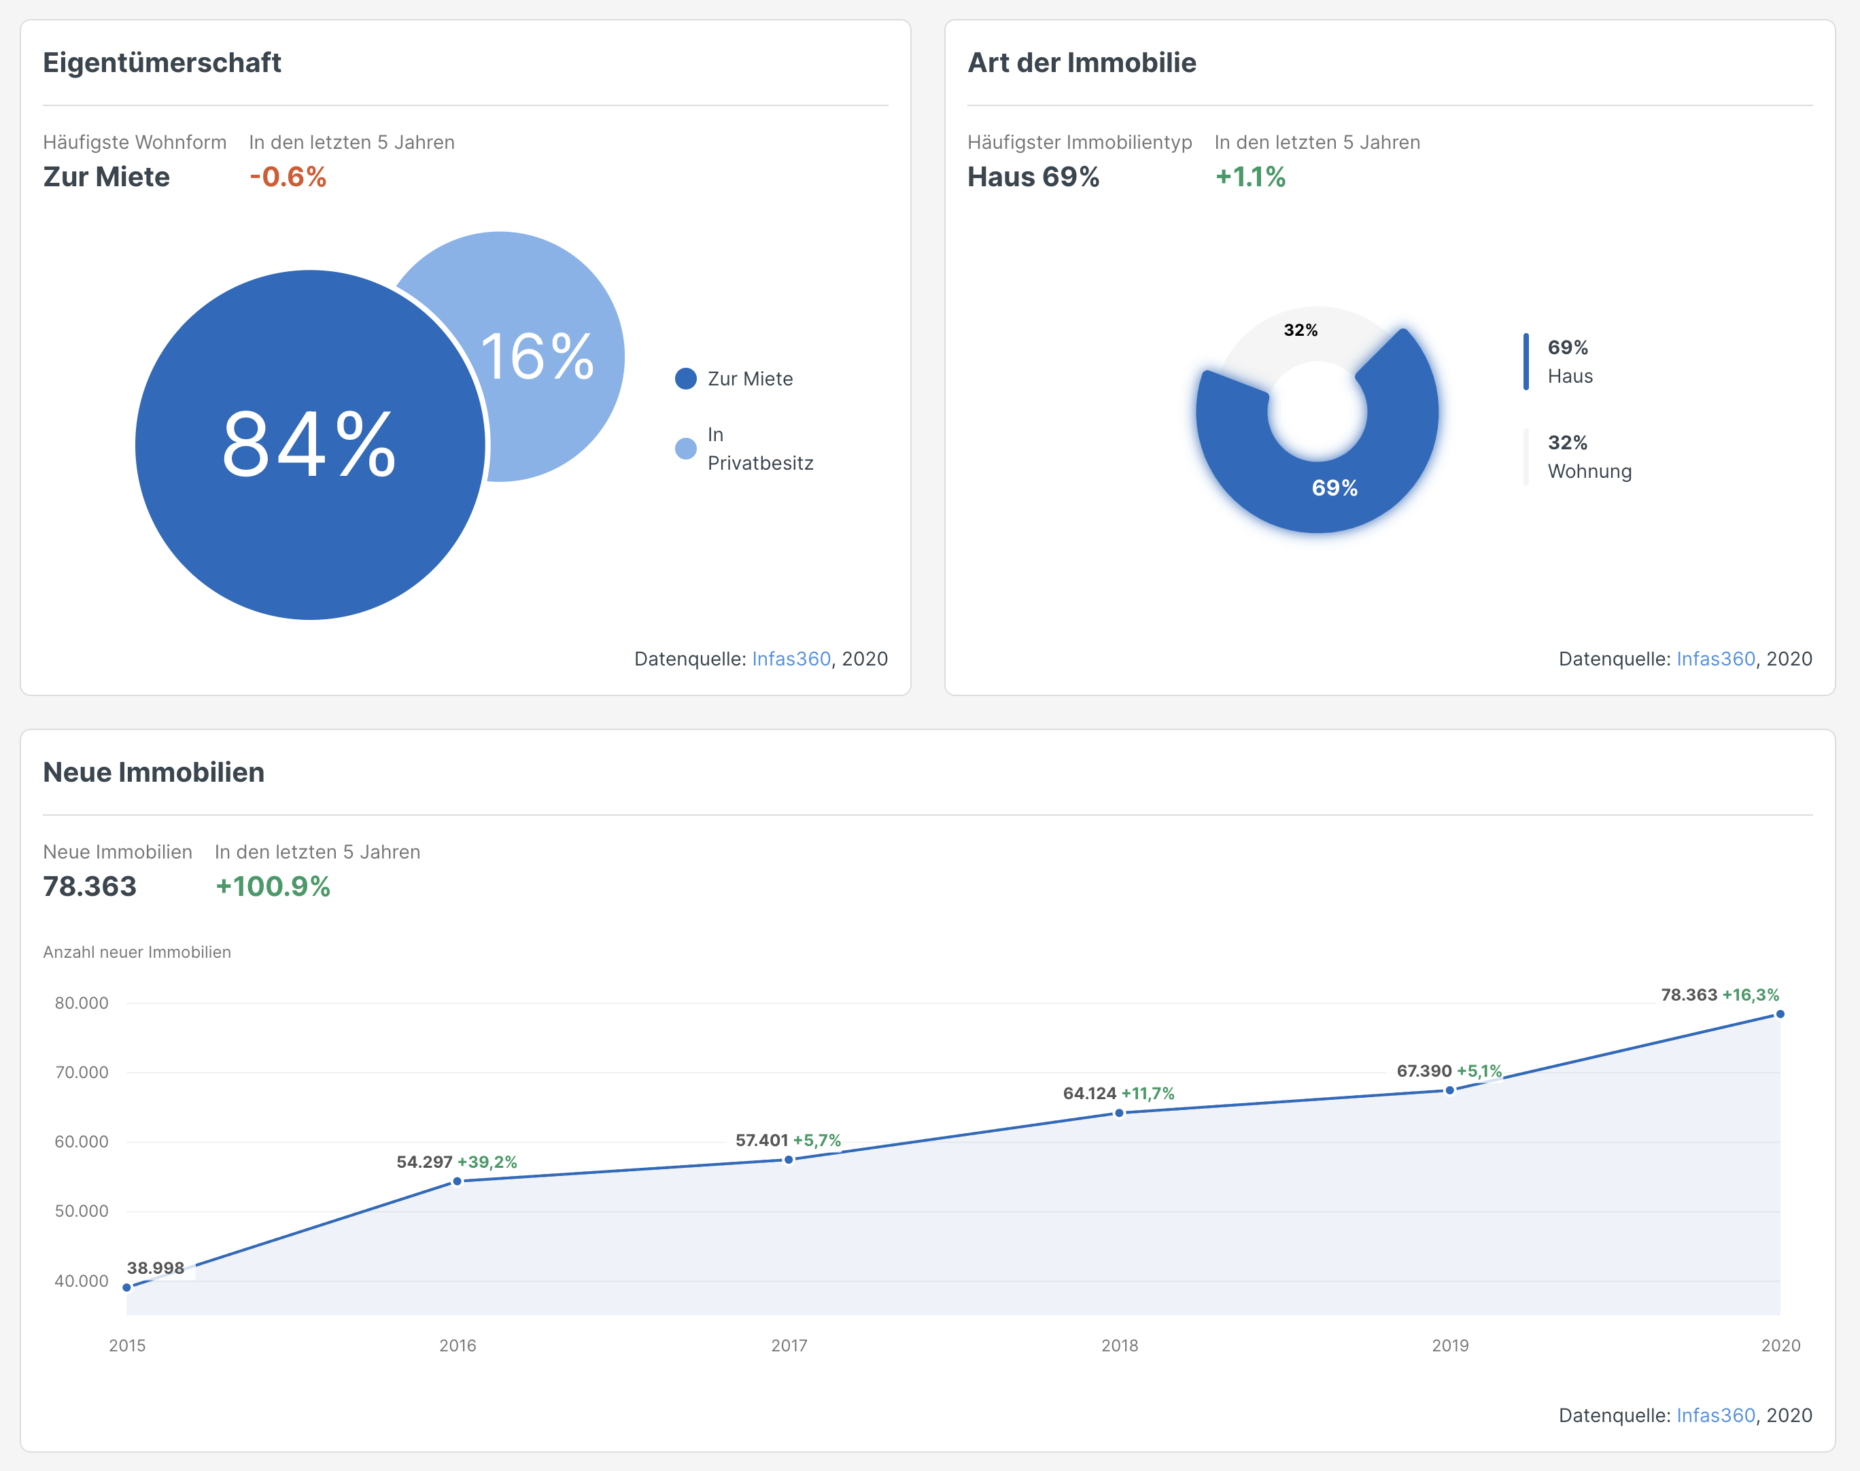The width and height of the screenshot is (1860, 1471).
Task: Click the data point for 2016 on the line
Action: [458, 1181]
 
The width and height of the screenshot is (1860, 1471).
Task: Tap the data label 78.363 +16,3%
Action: [1720, 994]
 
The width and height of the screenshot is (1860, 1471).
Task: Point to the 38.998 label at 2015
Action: [156, 1268]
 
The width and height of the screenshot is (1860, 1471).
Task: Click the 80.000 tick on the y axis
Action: [82, 1003]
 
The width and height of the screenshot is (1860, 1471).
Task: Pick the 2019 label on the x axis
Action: [1450, 1345]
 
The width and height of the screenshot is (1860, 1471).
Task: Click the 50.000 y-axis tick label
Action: [82, 1211]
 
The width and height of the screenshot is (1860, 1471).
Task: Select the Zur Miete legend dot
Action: [685, 379]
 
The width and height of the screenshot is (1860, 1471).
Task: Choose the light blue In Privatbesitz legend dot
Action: [685, 449]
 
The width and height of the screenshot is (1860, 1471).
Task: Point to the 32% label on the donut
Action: [1301, 330]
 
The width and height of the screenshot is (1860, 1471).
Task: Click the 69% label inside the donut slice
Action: [1334, 487]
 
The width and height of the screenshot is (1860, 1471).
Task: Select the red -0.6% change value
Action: [288, 177]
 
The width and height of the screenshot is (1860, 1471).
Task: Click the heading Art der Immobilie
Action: [1082, 63]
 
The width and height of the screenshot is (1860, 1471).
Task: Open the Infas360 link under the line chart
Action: [1715, 1415]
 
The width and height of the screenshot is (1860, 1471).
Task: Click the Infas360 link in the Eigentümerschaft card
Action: [791, 659]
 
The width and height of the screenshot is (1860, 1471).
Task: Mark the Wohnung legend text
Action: [1589, 471]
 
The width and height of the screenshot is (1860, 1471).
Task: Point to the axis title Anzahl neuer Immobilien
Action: [137, 952]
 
